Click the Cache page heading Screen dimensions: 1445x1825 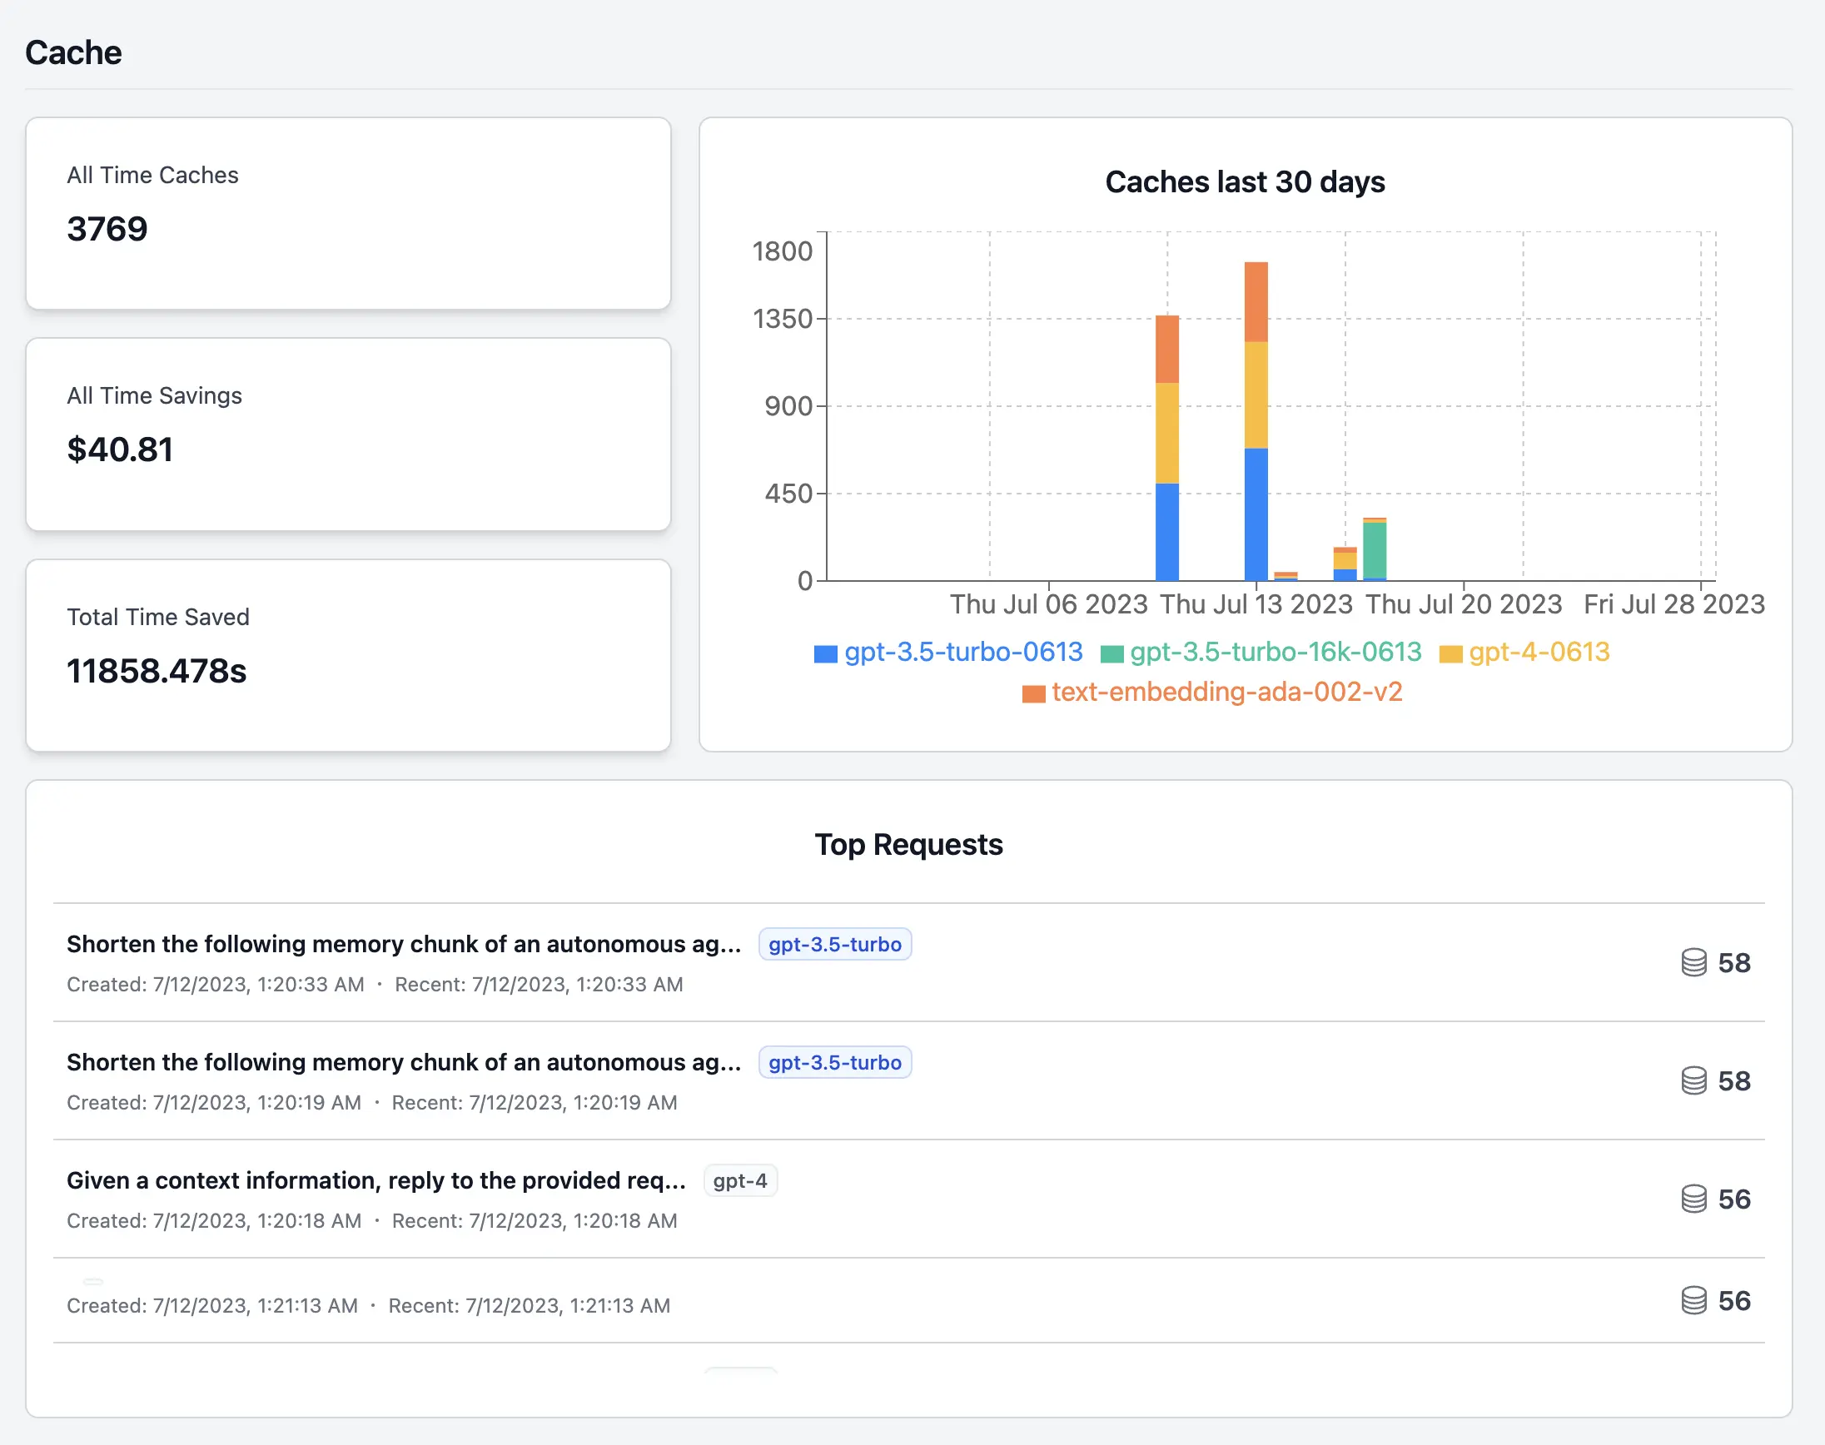click(73, 52)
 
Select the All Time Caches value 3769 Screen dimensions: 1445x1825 click(107, 228)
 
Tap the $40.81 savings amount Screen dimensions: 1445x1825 click(120, 449)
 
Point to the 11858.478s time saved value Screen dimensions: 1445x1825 click(157, 671)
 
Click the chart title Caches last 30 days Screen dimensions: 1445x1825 click(1245, 182)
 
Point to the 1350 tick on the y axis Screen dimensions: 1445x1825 click(782, 319)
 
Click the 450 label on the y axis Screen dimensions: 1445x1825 click(788, 494)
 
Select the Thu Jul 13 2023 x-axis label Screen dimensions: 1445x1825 click(1256, 604)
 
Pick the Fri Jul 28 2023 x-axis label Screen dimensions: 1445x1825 click(1673, 604)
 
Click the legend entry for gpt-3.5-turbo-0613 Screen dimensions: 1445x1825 click(962, 653)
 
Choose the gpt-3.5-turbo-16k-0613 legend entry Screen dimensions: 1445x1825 click(1275, 653)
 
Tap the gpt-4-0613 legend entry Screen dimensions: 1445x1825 click(1538, 653)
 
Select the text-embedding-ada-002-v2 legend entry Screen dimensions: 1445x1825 click(1226, 692)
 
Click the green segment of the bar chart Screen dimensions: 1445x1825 click(1374, 550)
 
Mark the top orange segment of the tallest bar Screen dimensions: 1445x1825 click(1256, 302)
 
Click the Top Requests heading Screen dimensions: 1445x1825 click(908, 844)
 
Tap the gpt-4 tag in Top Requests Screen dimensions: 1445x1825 click(739, 1180)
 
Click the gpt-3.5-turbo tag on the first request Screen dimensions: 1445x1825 click(834, 944)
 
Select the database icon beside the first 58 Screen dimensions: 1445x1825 click(1693, 963)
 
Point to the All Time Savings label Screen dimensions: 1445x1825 click(154, 396)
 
